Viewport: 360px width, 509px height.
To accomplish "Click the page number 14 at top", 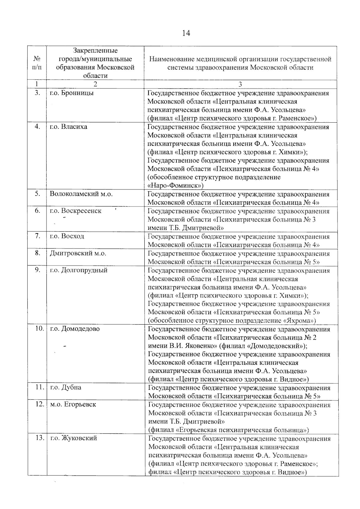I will (x=186, y=33).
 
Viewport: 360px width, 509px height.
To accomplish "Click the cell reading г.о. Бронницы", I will (x=72, y=93).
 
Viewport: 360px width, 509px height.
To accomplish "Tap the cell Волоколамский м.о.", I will (x=81, y=194).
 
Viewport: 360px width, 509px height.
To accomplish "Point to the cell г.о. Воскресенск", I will (x=76, y=211).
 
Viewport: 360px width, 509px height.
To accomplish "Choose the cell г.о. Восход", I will (x=67, y=236).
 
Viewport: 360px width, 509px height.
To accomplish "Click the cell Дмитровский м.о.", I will (x=78, y=253).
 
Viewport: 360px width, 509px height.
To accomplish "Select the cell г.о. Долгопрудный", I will (x=79, y=270).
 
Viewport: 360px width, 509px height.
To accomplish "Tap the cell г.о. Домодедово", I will (x=75, y=329).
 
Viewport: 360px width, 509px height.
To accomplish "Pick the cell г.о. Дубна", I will (x=66, y=387).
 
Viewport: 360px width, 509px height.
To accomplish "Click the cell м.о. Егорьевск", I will (x=73, y=404).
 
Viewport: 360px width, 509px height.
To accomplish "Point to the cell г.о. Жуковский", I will (x=74, y=438).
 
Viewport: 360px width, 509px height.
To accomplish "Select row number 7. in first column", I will (x=37, y=236).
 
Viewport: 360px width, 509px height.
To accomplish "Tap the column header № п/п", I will (x=37, y=63).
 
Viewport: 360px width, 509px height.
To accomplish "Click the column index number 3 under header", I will (x=240, y=84).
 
